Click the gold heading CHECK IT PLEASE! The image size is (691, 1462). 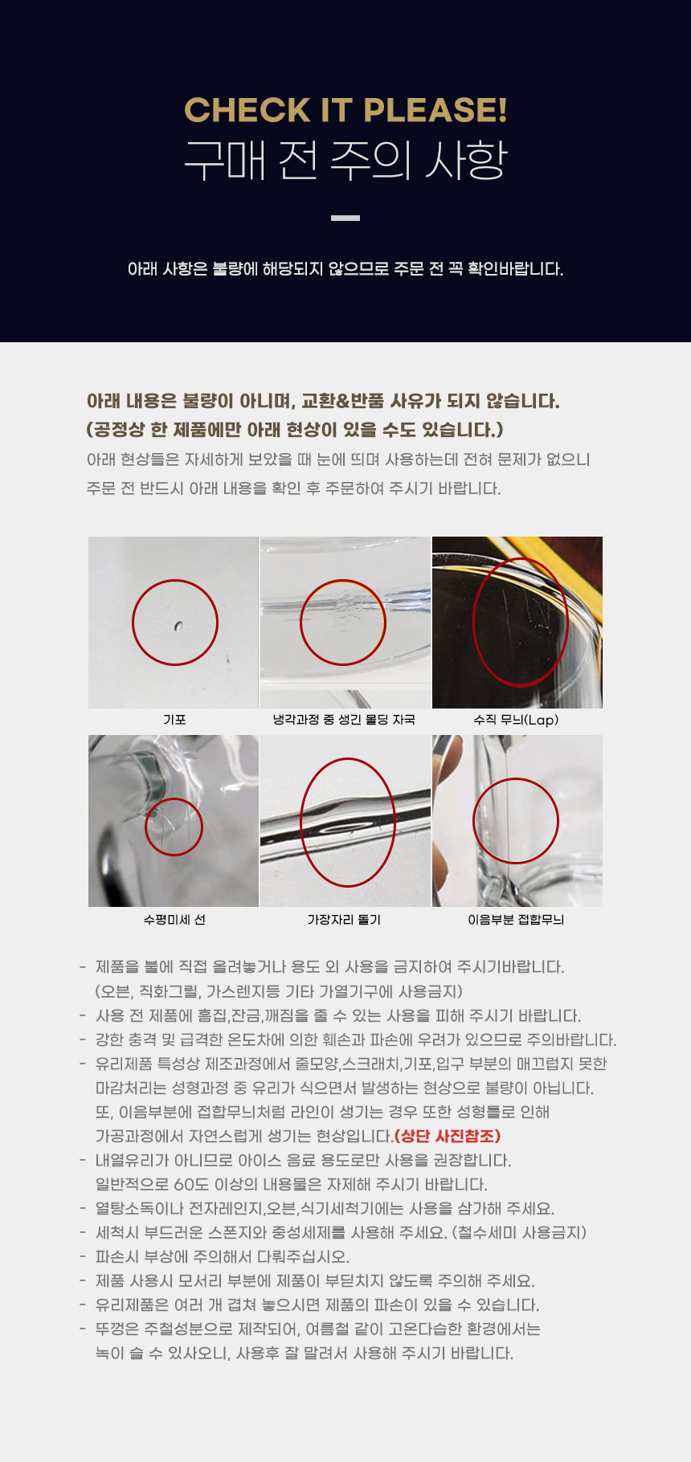345,110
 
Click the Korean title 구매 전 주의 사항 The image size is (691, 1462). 345,160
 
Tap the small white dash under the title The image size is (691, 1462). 345,218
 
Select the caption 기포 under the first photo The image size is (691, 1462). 174,720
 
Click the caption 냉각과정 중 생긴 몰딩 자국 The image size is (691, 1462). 344,720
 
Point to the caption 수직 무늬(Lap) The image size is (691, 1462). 516,720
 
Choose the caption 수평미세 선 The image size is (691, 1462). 174,920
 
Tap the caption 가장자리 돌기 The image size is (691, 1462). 344,920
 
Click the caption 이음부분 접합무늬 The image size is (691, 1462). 516,920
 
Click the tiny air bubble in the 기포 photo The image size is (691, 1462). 178,625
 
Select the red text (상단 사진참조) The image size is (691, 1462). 448,1136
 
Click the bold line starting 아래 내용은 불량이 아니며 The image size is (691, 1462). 323,401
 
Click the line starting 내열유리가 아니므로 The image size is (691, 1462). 304,1160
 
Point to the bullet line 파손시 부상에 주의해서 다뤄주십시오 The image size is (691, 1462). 223,1256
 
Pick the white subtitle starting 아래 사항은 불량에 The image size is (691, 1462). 345,269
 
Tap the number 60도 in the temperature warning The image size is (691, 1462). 190,1184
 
